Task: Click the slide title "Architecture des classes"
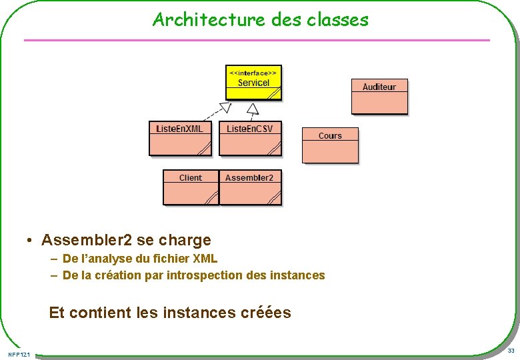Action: click(x=260, y=19)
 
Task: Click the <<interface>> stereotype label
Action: click(x=253, y=71)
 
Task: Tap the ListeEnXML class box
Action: click(x=180, y=138)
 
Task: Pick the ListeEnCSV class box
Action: click(x=250, y=138)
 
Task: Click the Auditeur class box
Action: click(x=379, y=96)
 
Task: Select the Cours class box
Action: click(x=330, y=145)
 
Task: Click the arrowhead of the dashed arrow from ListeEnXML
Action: click(x=225, y=107)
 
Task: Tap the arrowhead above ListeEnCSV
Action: click(x=252, y=108)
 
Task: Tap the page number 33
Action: click(x=511, y=351)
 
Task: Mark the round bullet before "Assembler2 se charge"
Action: click(x=31, y=240)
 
